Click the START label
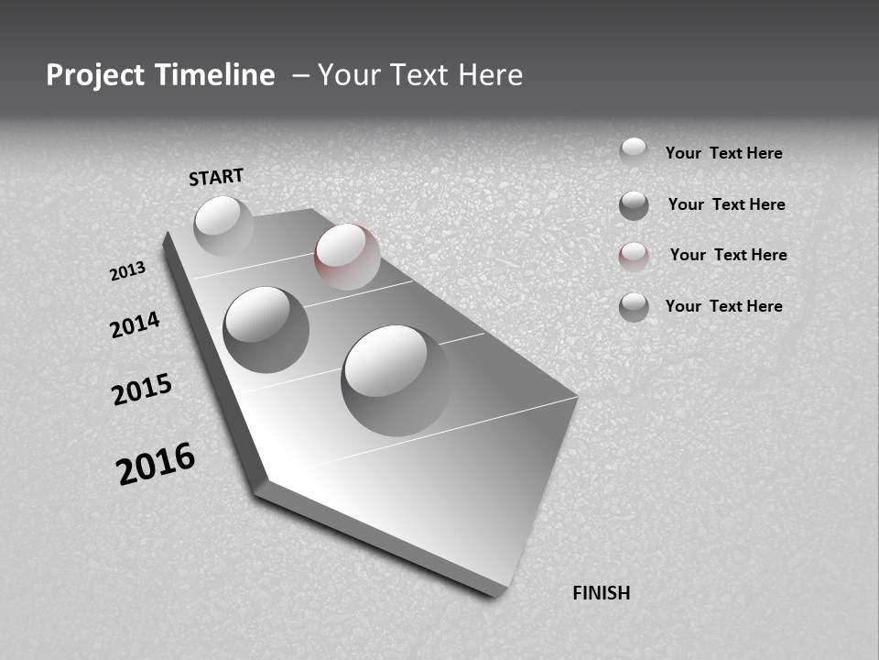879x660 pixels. [216, 176]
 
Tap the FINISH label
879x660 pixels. [601, 593]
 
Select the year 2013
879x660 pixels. [127, 271]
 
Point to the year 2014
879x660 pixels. [135, 324]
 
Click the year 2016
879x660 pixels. [156, 464]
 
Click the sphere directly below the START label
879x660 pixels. [223, 225]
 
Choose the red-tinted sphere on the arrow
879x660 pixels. [347, 257]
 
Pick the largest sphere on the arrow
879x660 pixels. [396, 379]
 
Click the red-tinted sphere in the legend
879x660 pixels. [634, 257]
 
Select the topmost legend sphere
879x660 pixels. [634, 151]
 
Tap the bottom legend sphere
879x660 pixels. [634, 307]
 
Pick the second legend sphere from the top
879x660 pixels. [634, 205]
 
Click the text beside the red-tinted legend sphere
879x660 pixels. [728, 255]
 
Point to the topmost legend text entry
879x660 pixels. [723, 153]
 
